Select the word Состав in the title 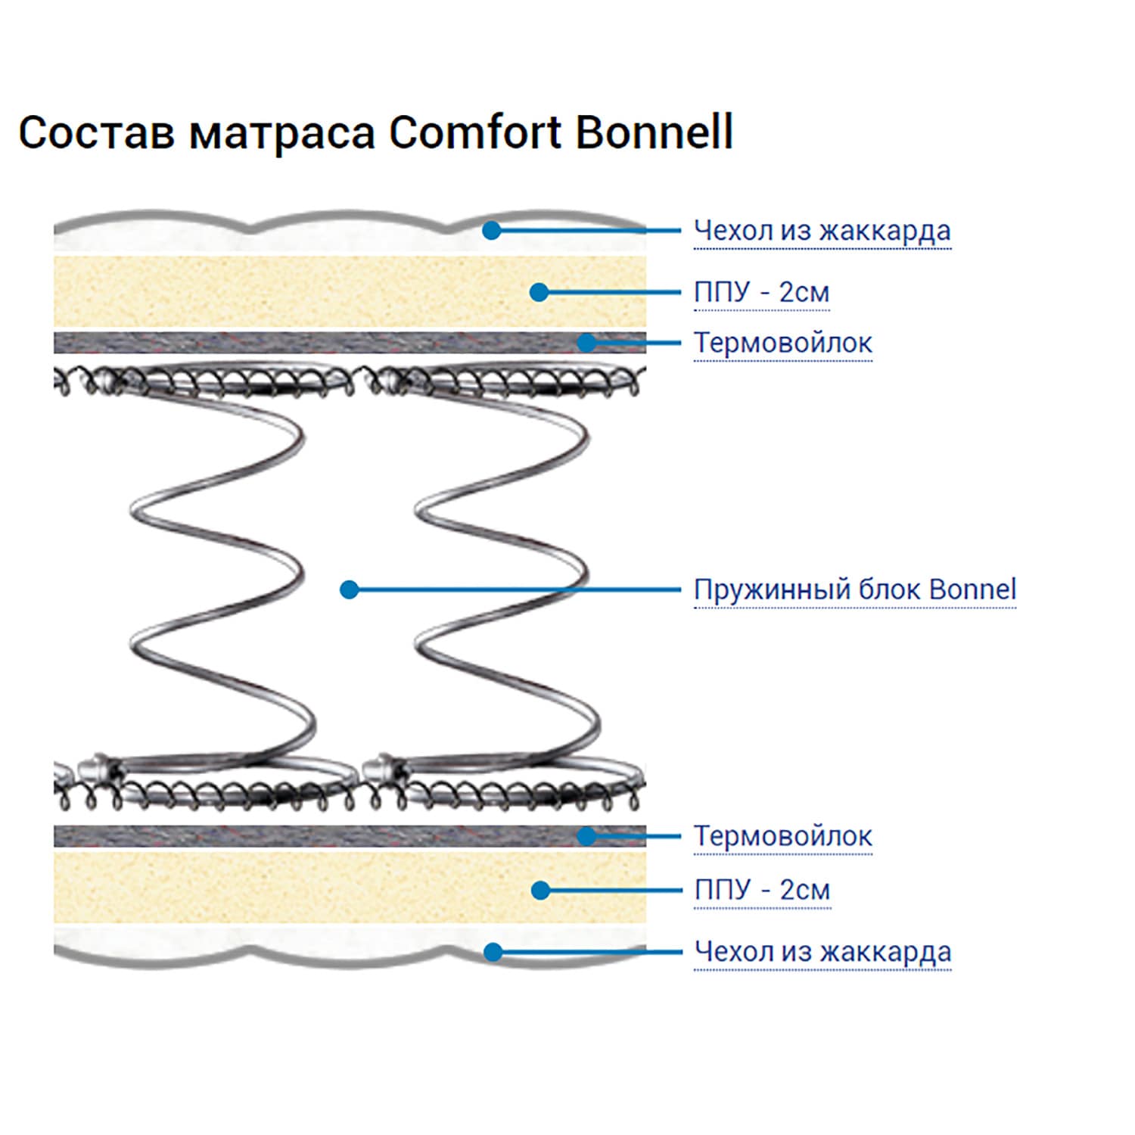tap(97, 133)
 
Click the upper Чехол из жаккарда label tap(822, 230)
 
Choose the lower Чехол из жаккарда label tap(822, 951)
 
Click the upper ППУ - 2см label tap(761, 292)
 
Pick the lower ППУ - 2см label tap(762, 890)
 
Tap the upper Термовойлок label tap(783, 343)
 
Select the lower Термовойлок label tap(783, 836)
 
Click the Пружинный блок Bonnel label tap(855, 589)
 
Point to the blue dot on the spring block tap(349, 589)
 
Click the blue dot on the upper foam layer tap(539, 292)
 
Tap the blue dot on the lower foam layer tap(540, 891)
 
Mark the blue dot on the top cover tap(492, 230)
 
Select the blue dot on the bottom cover tap(493, 952)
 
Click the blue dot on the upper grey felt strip tap(587, 343)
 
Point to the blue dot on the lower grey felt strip tap(587, 836)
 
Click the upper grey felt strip tap(350, 343)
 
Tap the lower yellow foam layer tap(350, 888)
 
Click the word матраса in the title tap(282, 134)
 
